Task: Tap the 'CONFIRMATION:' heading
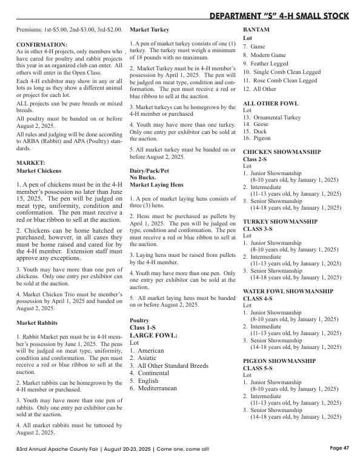tap(42, 45)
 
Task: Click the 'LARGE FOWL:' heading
tap(153, 335)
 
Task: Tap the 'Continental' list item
tap(156, 373)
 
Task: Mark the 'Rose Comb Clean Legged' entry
tap(284, 81)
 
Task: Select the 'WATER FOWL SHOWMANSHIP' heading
tap(288, 291)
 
